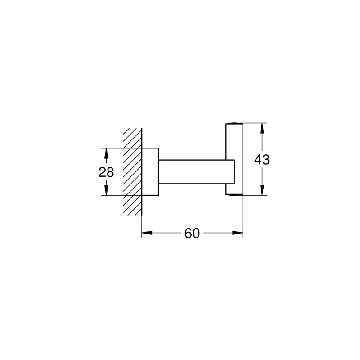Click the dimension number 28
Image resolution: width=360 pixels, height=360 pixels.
point(107,172)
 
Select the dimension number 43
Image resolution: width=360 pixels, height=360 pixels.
point(262,159)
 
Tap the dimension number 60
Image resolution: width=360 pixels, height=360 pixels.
point(192,233)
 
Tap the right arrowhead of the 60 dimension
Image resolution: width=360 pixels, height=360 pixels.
point(239,233)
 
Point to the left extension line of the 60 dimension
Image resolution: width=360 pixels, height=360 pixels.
point(142,220)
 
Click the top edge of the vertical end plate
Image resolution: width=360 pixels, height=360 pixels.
point(234,123)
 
